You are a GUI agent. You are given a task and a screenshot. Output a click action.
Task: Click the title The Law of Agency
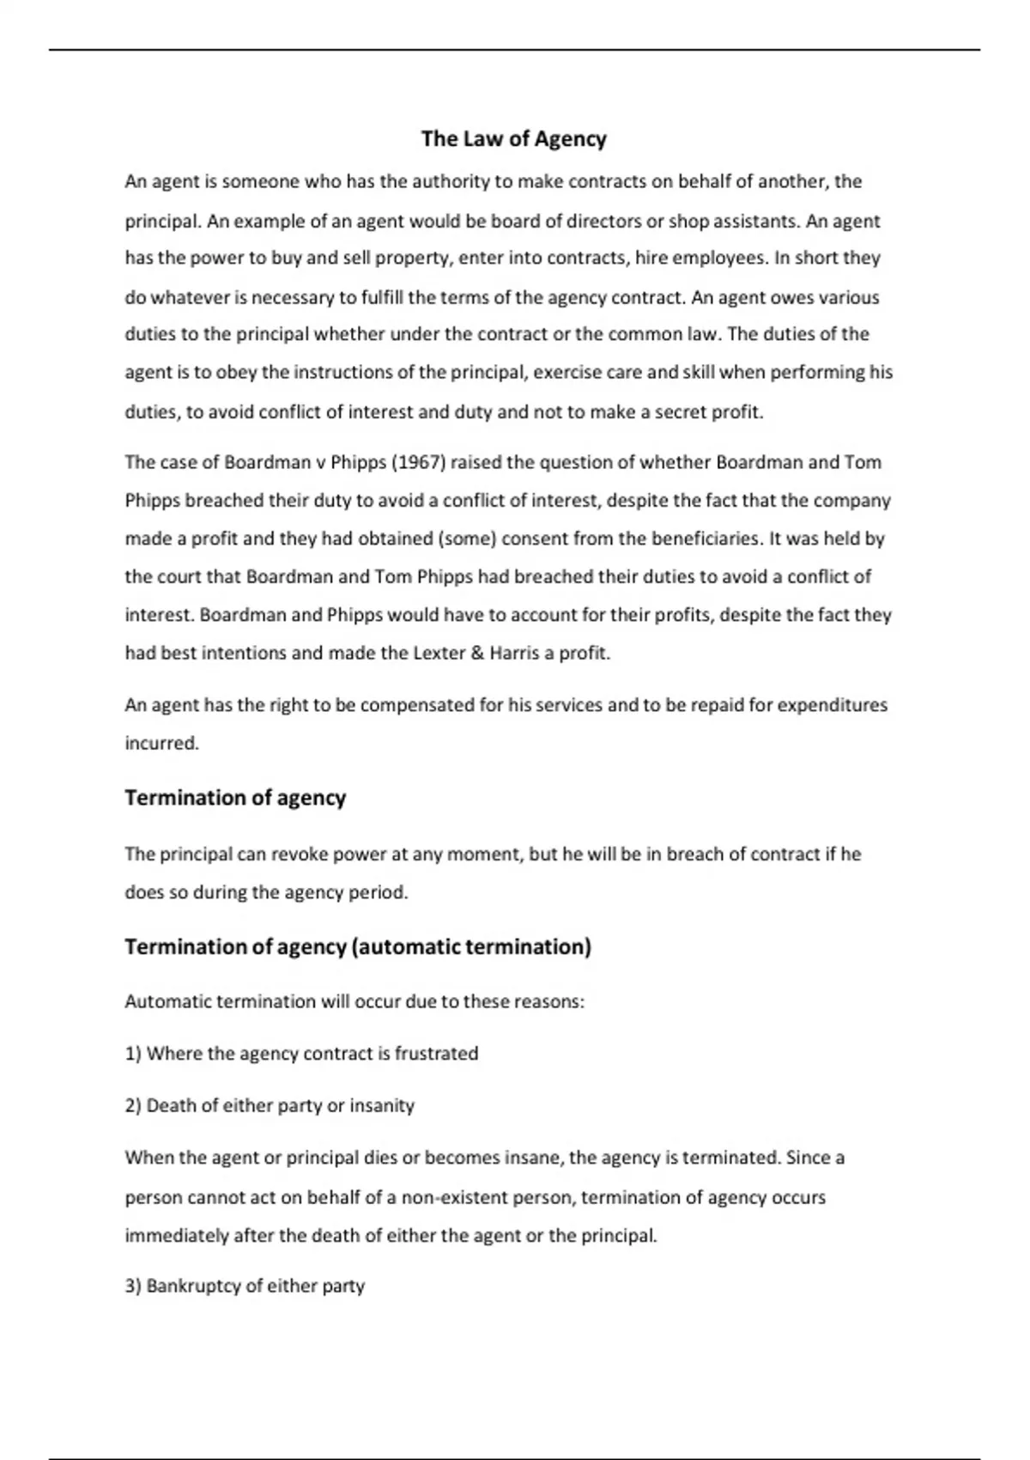513,139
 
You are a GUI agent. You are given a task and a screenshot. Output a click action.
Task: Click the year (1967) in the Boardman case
418,463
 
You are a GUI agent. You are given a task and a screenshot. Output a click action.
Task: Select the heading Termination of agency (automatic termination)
358,947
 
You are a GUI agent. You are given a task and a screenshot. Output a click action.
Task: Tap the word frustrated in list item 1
436,1054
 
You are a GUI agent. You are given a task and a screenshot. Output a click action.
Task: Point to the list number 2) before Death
133,1106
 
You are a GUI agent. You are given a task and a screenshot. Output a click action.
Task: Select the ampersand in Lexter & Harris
478,654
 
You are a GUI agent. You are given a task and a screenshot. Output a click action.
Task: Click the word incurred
161,744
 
